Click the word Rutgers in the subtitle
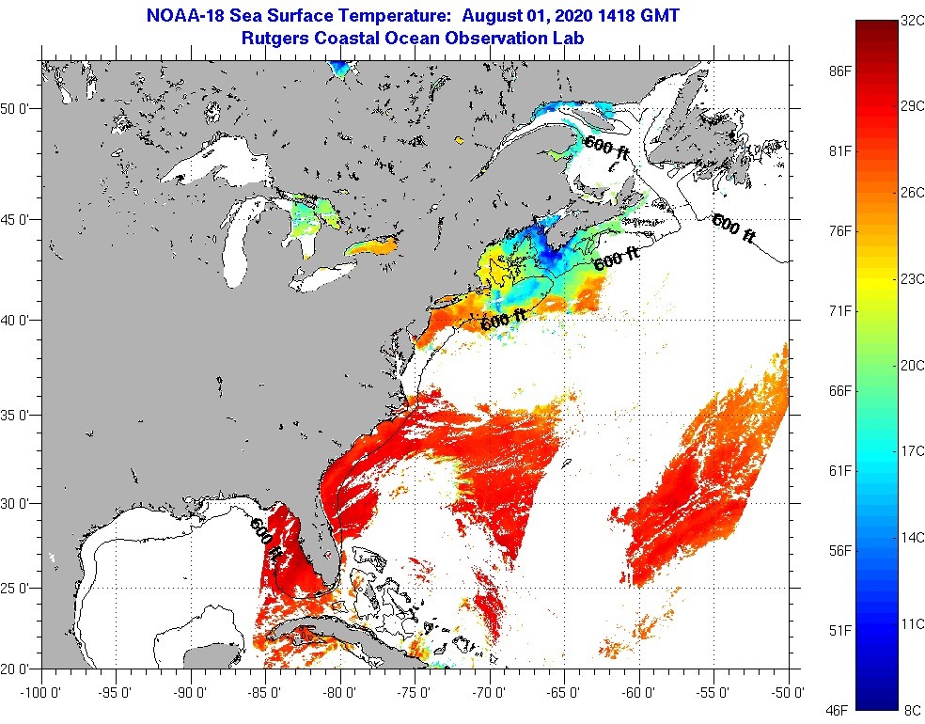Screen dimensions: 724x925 274,39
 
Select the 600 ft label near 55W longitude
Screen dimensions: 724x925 732,229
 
